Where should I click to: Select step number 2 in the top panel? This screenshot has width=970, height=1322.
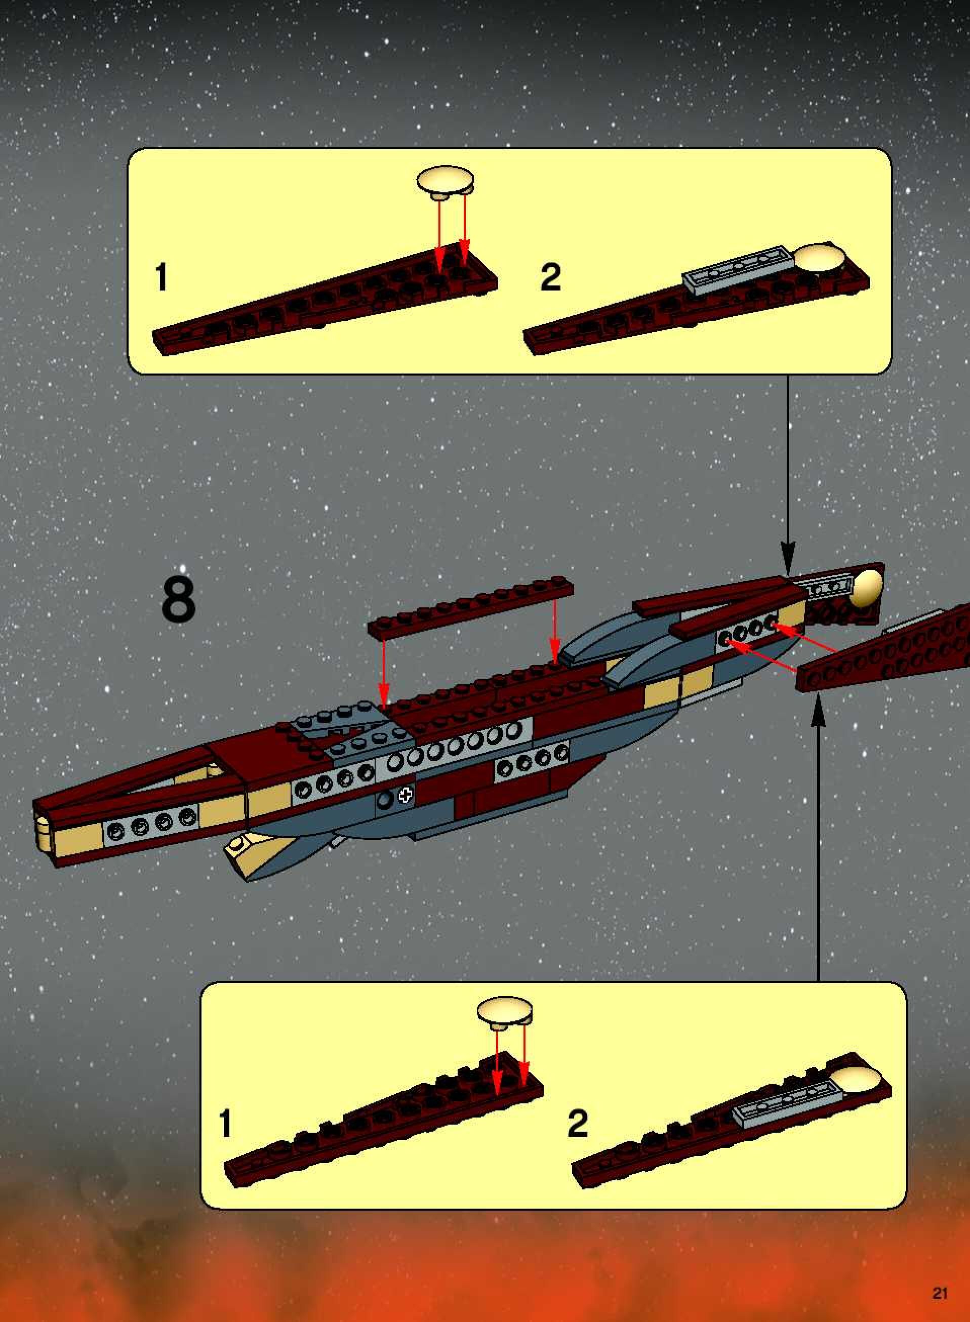coord(550,277)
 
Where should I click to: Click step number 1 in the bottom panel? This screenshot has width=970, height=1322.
coord(225,1123)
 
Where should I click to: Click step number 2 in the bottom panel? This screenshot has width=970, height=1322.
coord(578,1123)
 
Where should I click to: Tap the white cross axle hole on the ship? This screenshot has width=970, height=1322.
coord(405,796)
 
